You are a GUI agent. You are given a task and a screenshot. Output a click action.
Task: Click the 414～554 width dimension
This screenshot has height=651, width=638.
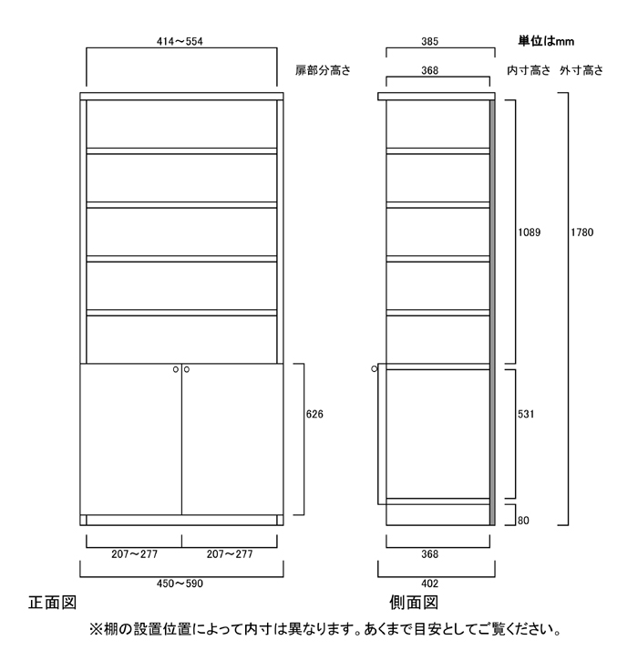click(180, 42)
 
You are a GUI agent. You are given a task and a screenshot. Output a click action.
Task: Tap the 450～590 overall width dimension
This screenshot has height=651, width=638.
click(180, 584)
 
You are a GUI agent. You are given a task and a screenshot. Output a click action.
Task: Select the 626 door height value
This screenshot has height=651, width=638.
click(314, 414)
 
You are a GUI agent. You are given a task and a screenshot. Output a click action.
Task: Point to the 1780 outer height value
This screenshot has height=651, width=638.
click(581, 232)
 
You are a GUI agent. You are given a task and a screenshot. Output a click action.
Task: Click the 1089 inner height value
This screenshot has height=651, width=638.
click(529, 232)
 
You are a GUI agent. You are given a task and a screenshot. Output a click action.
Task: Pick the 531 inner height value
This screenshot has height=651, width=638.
click(526, 414)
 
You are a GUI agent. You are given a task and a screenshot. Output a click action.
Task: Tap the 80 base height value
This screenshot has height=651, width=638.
click(523, 521)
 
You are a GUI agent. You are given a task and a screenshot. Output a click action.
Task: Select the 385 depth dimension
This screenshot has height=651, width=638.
click(429, 42)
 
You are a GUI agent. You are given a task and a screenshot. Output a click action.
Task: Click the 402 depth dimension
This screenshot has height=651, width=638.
click(429, 584)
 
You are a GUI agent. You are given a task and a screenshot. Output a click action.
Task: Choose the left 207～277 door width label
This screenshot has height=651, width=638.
click(134, 553)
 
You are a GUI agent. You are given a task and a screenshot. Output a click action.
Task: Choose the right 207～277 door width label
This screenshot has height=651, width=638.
click(230, 553)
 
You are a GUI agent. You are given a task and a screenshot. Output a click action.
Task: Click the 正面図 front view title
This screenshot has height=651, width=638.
click(52, 603)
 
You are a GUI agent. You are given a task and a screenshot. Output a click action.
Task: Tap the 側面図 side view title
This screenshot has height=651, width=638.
click(414, 603)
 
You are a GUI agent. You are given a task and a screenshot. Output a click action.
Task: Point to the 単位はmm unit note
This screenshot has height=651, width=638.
click(546, 41)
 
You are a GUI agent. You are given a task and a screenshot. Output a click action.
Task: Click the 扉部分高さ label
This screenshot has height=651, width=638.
click(323, 70)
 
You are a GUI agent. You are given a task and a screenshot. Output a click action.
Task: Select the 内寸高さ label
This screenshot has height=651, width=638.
click(529, 70)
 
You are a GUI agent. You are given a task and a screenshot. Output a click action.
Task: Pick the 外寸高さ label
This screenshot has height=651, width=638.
click(581, 70)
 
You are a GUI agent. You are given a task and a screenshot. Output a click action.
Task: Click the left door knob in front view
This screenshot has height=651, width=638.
click(176, 369)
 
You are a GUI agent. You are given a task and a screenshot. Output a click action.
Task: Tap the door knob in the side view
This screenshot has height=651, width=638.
click(375, 368)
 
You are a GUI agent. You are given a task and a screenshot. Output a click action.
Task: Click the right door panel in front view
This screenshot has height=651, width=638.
click(232, 439)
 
